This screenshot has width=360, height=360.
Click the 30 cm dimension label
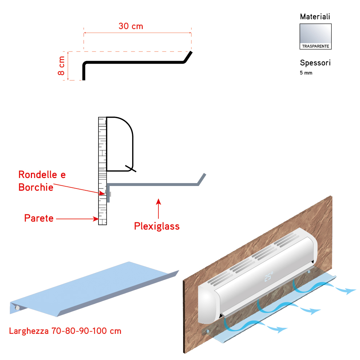click(x=131, y=26)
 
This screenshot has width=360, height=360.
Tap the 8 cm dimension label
click(x=61, y=66)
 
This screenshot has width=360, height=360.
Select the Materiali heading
click(x=315, y=17)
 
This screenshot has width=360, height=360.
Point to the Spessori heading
click(x=315, y=63)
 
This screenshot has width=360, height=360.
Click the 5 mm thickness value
click(x=306, y=73)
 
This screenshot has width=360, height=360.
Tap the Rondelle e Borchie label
click(x=42, y=181)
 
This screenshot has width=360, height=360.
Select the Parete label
click(x=39, y=218)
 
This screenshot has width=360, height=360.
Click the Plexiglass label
click(x=157, y=226)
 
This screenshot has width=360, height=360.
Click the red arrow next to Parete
click(x=78, y=219)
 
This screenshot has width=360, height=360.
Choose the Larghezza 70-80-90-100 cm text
click(x=65, y=331)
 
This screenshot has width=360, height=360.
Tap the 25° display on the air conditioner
click(x=268, y=277)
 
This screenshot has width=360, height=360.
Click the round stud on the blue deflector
click(x=17, y=308)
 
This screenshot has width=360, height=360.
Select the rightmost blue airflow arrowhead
click(x=351, y=291)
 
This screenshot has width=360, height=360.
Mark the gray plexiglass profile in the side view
click(x=153, y=184)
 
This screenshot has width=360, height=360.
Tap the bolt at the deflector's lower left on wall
click(x=208, y=331)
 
